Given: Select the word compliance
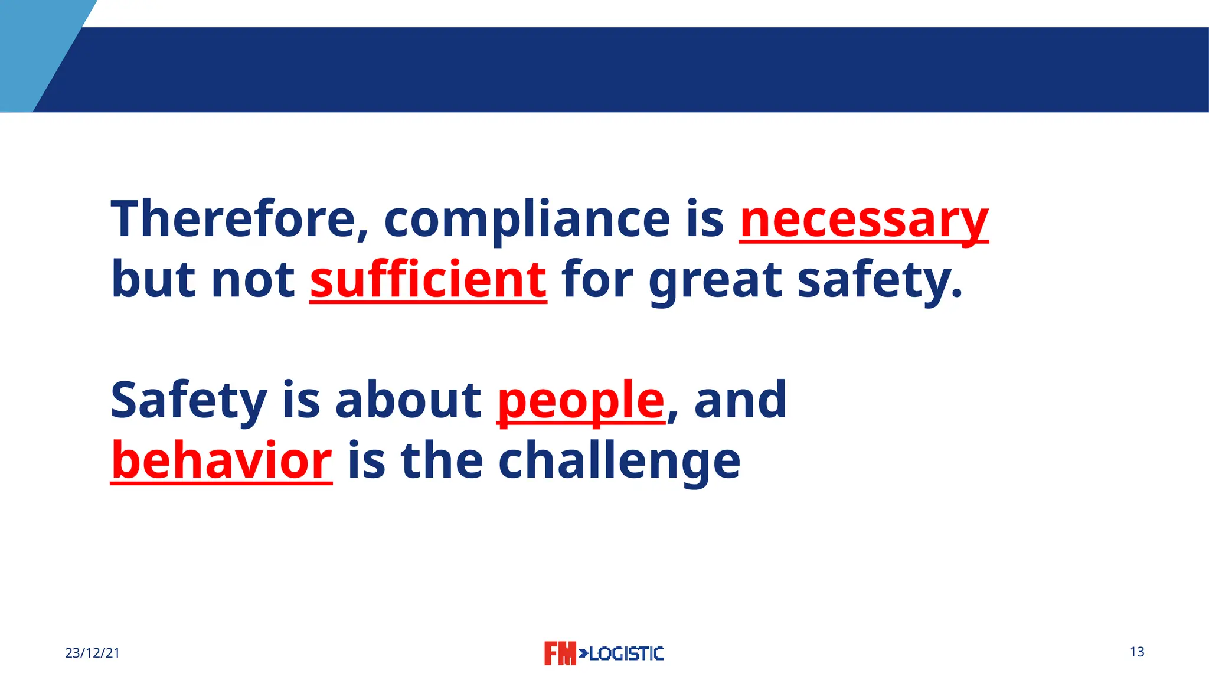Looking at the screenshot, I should pos(527,220).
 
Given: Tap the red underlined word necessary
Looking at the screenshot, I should pos(864,220).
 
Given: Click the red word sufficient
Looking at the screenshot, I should pos(428,280).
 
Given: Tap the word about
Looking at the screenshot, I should pos(408,400).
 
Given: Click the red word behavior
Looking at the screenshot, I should pos(221,460).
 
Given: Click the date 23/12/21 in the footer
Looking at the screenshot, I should pos(92,653).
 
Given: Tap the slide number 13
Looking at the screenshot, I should pos(1137,652).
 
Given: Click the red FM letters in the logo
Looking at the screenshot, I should pos(559,653).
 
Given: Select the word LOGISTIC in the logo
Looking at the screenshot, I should pos(626,653).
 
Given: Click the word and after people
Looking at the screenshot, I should pos(740,400).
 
